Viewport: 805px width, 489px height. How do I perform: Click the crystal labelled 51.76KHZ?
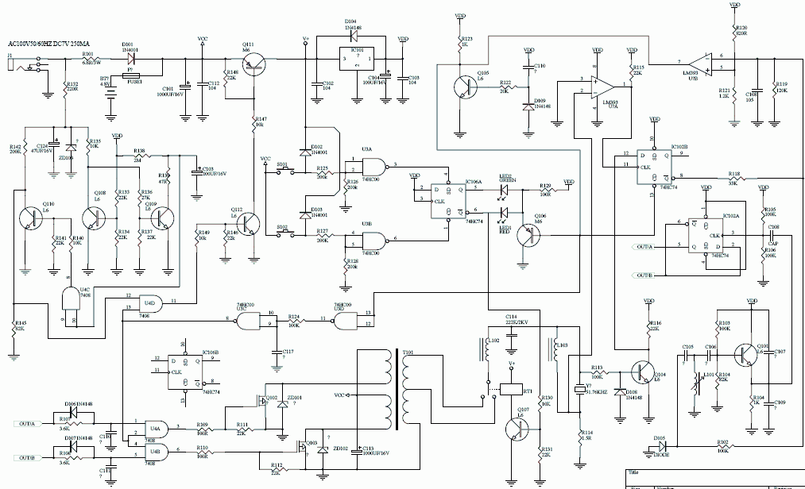pyautogui.click(x=579, y=389)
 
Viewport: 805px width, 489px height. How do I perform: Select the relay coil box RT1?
pyautogui.click(x=505, y=389)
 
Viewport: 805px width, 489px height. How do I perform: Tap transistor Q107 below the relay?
pyautogui.click(x=517, y=429)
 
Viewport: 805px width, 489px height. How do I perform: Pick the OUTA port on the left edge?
pyautogui.click(x=27, y=423)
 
